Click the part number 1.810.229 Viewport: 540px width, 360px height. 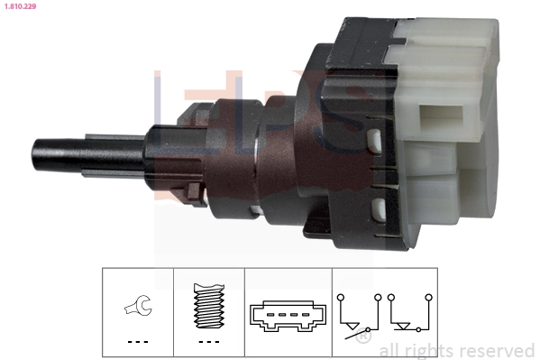pos(21,5)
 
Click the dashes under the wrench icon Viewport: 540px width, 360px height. pos(137,342)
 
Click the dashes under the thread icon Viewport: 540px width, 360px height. pos(208,342)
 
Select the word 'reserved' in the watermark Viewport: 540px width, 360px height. pos(495,350)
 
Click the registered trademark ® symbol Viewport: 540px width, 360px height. pos(362,338)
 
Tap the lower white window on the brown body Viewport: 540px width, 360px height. pos(378,212)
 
